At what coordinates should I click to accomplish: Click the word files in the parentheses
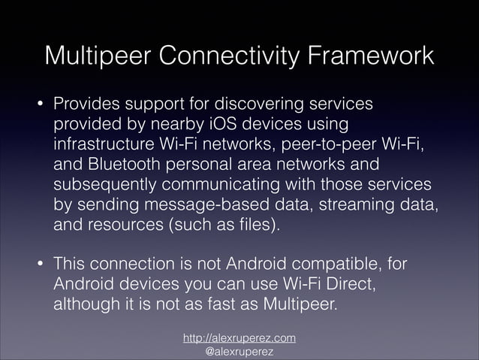tap(246, 225)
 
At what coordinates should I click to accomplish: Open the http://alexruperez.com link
tap(239, 338)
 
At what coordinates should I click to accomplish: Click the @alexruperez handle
tap(239, 352)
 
